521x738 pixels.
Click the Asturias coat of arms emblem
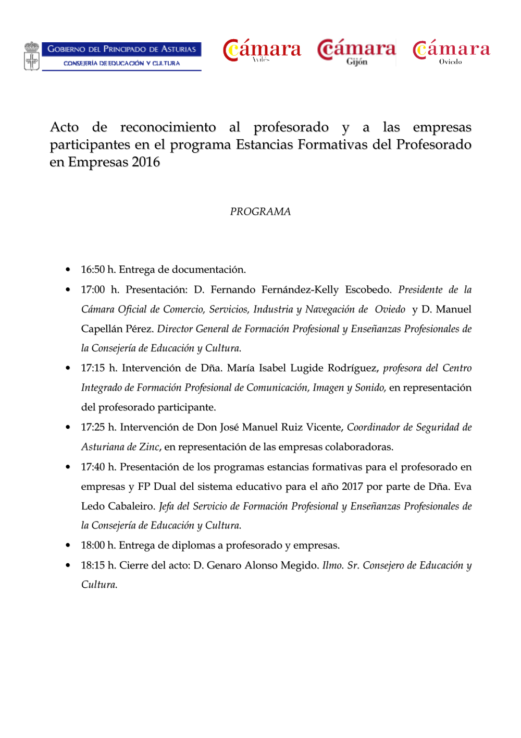tap(32, 56)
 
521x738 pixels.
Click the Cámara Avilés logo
tap(262, 51)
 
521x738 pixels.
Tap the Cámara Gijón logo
tap(357, 52)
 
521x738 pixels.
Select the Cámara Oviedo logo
tap(451, 52)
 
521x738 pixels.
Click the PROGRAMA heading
tap(260, 211)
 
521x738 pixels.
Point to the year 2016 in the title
tap(146, 162)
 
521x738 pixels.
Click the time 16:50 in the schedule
tap(93, 270)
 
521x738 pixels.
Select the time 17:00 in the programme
tap(93, 289)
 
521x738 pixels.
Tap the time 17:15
tap(93, 368)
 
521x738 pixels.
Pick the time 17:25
tap(93, 427)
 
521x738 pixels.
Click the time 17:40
tap(93, 467)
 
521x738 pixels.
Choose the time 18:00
tap(93, 546)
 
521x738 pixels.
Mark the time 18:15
tap(93, 565)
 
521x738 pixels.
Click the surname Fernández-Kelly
tap(300, 289)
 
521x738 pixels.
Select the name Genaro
tap(224, 565)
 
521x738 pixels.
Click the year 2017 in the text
tap(352, 487)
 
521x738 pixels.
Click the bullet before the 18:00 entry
tap(68, 546)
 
